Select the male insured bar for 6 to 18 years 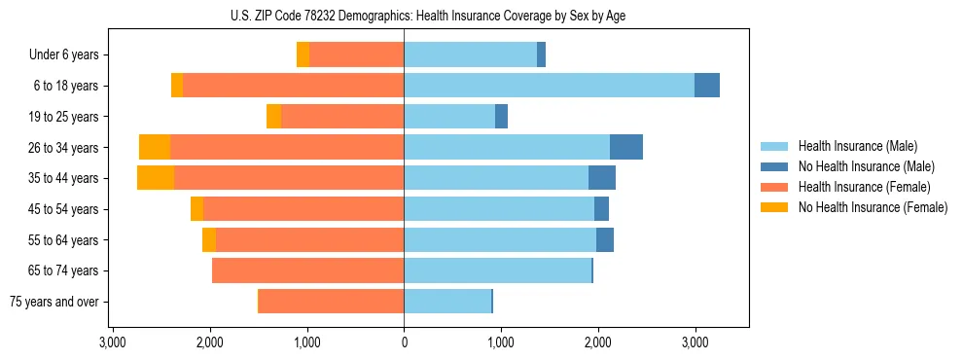549,86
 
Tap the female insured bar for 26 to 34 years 287,147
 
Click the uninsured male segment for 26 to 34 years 626,147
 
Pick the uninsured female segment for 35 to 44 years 156,178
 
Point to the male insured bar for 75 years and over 447,302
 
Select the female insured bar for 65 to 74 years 308,270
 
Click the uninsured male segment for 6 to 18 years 707,86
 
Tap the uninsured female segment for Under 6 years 303,54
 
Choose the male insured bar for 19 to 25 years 449,117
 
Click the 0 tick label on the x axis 404,342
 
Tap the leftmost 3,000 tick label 113,342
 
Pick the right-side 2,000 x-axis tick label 597,342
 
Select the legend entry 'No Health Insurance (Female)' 873,207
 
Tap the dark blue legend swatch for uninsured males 774,166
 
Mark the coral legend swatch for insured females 774,187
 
